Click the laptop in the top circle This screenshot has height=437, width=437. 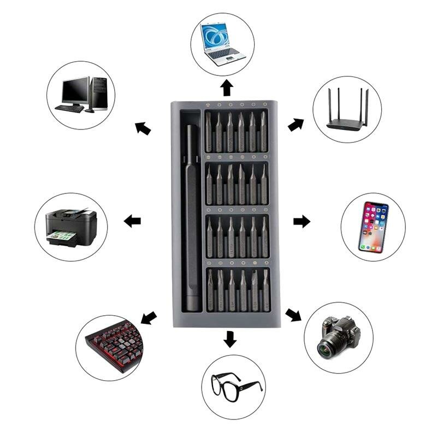tap(222, 44)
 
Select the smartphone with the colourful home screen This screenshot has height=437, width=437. tap(373, 227)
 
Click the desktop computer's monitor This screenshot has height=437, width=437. tap(75, 91)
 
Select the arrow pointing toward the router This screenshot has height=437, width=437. tap(296, 125)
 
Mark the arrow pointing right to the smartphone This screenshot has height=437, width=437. tap(302, 221)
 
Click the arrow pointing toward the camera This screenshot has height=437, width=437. tap(293, 315)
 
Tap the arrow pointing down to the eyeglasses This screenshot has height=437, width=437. tap(230, 339)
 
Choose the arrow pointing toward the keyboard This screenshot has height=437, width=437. tap(149, 317)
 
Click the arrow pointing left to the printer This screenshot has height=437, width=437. tap(132, 221)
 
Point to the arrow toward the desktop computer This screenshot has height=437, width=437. tap(143, 128)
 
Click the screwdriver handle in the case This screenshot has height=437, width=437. tap(191, 218)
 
